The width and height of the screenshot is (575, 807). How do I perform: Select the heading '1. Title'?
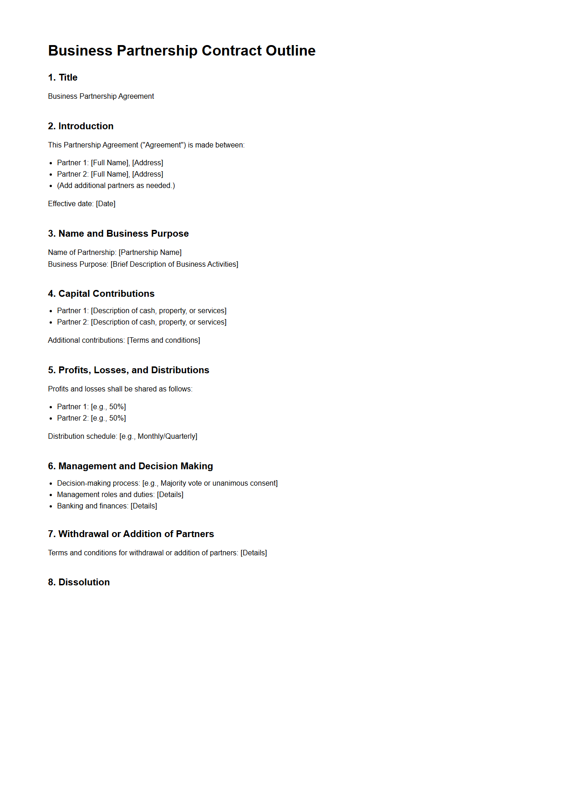pos(63,77)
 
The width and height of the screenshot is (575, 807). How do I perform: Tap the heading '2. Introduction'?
pos(81,126)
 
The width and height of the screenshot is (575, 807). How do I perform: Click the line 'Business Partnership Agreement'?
pos(101,96)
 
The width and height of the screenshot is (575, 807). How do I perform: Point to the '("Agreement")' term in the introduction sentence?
pos(163,145)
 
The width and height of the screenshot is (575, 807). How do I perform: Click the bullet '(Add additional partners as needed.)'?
pos(116,186)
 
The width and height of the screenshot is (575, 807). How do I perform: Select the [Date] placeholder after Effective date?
pos(106,204)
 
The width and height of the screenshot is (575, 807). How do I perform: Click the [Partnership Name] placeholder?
pos(150,253)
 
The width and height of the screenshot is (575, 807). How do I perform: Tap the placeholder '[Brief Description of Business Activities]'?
pos(174,264)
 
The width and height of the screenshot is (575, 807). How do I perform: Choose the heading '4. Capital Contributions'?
pos(101,294)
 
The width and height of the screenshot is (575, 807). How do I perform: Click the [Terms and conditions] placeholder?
pos(163,340)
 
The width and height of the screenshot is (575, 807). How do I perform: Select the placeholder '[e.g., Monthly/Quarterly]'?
pos(158,436)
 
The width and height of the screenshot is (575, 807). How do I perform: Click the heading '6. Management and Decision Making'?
pos(130,466)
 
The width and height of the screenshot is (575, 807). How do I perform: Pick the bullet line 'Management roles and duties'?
pos(105,495)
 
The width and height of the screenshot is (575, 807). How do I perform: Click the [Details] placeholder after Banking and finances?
pos(144,506)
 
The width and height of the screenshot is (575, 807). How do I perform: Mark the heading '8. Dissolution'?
pos(79,582)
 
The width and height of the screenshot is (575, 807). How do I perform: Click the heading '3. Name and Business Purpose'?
pos(118,233)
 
